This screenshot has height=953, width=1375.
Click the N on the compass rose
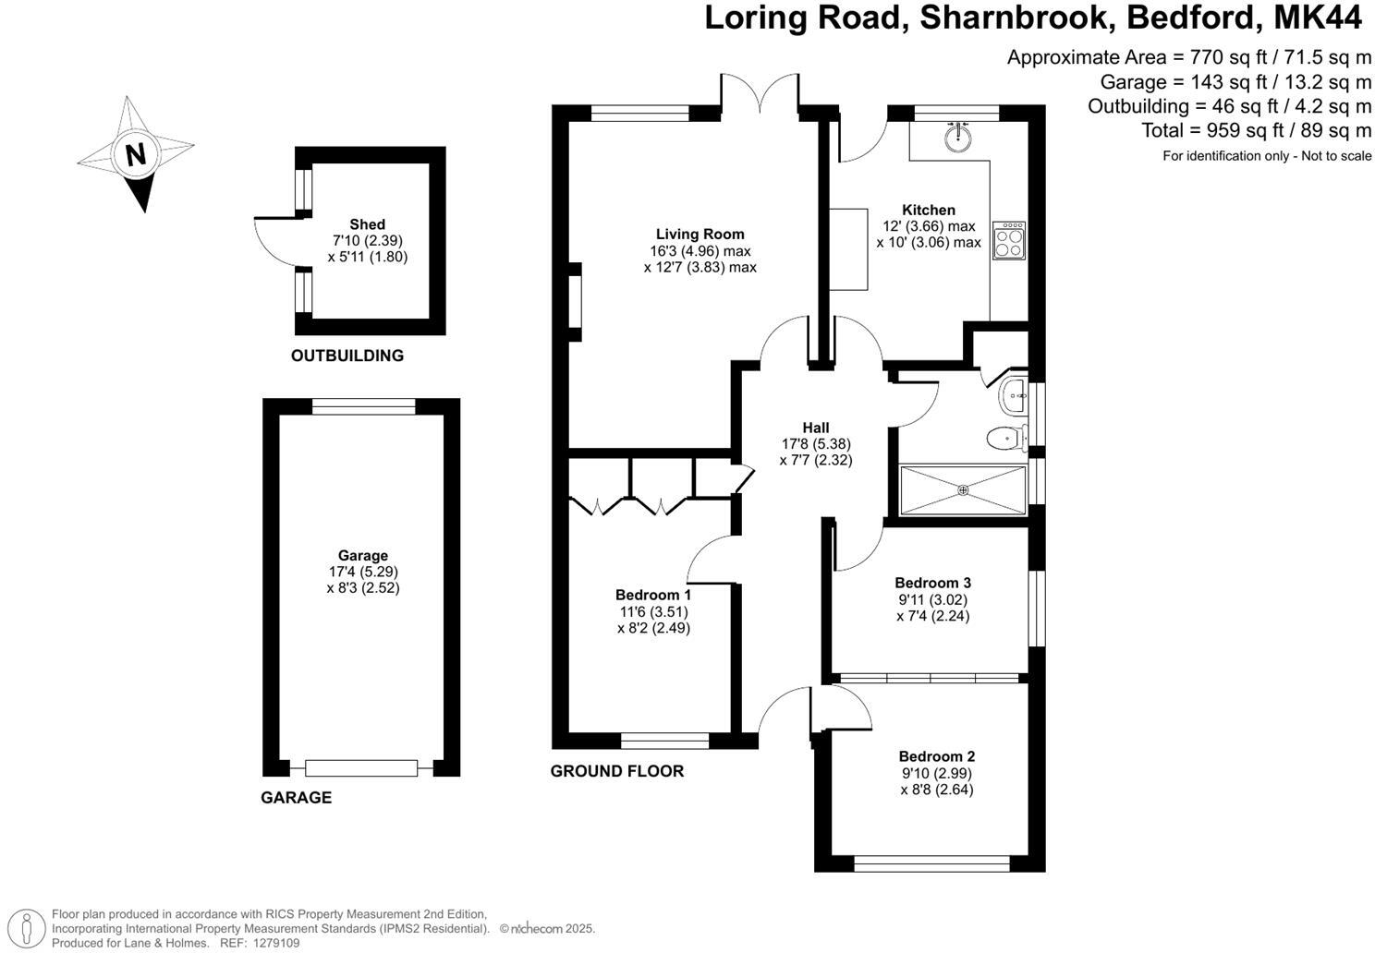(136, 153)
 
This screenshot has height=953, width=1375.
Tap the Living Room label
(700, 234)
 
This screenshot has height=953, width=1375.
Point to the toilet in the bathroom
(1006, 438)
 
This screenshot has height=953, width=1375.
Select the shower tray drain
(962, 489)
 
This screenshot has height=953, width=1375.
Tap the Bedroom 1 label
(653, 595)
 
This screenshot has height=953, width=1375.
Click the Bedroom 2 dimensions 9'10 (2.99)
(936, 773)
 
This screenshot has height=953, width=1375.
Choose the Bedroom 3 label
(932, 583)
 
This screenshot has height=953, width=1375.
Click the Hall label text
(815, 428)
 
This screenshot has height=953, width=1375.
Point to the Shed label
(367, 224)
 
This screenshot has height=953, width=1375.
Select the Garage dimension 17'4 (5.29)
(362, 572)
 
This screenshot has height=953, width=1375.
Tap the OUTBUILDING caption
(347, 356)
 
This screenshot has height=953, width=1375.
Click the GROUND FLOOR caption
(616, 771)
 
